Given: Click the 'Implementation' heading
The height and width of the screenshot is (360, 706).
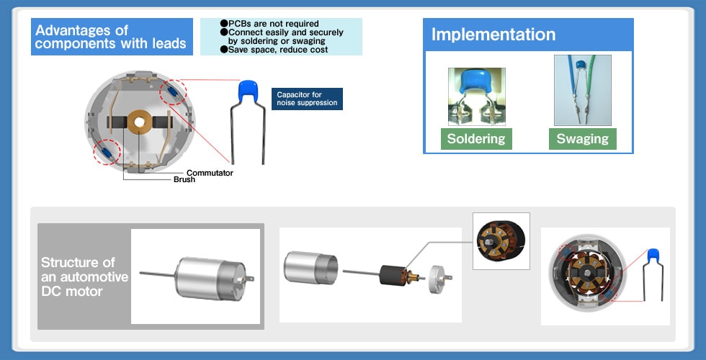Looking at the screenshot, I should pos(493,35).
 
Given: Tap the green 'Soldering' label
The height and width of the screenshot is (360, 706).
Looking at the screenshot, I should pos(476,139).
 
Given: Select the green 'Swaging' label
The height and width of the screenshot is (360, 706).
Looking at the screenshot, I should pos(583,139).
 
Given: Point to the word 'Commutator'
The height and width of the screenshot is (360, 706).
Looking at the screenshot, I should pos(210,173).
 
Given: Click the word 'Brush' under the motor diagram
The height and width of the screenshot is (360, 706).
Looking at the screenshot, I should pos(184,179).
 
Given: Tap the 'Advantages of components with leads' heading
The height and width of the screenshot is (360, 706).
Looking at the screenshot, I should pos(112,37).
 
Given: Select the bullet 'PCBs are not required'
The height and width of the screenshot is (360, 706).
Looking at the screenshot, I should pos(273,24).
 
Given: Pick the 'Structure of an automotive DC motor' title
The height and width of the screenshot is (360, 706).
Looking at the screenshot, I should pos(84,276).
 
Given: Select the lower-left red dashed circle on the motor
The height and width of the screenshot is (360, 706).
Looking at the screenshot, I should pos(106,152).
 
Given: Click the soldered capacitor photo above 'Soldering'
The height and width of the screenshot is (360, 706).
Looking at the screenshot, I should pos(476,96).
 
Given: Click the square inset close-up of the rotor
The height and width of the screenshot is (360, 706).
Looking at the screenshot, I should pos(501,241).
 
